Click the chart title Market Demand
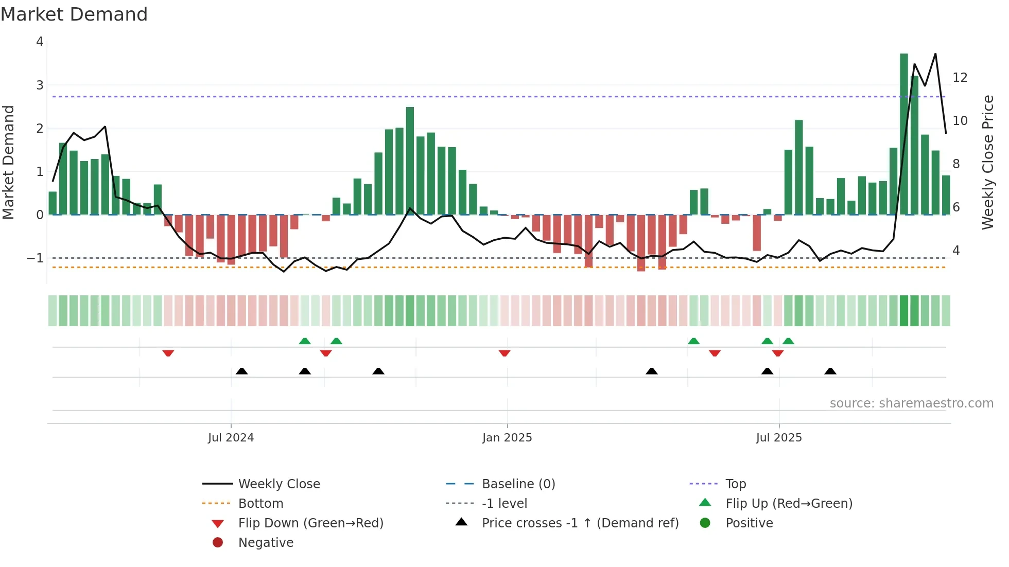74,14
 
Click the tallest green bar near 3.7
903,134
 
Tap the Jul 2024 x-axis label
231,438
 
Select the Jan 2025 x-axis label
507,438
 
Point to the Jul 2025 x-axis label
779,438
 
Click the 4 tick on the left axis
40,42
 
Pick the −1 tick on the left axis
36,258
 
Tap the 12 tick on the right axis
960,78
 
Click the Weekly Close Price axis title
987,162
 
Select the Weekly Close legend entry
279,484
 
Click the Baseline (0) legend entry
518,484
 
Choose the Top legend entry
735,484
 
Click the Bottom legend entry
260,504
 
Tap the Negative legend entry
266,543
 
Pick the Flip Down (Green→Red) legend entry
310,523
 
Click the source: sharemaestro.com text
911,403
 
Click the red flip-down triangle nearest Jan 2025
504,353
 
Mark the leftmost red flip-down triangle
168,353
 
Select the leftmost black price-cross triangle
241,371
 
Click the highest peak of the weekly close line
935,54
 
